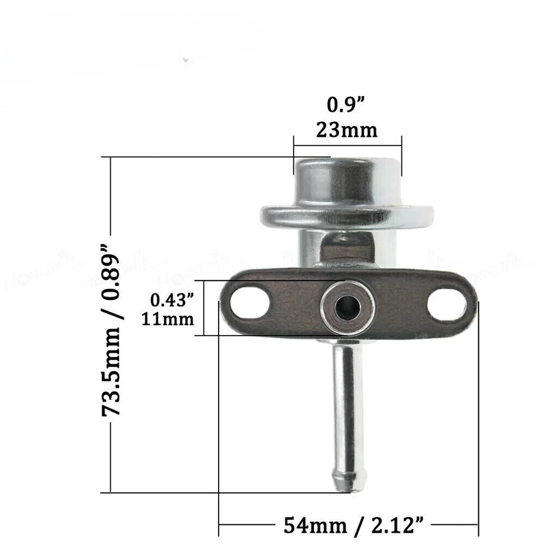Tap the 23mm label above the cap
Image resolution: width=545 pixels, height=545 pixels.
click(346, 130)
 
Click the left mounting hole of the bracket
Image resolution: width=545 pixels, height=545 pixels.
click(250, 303)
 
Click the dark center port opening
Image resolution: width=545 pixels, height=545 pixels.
click(347, 308)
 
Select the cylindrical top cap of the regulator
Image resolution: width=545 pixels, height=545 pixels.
click(347, 182)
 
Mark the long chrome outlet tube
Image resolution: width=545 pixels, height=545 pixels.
click(347, 409)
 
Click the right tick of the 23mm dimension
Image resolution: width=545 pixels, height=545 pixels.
click(401, 156)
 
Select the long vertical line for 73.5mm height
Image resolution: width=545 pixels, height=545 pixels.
click(110, 454)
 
